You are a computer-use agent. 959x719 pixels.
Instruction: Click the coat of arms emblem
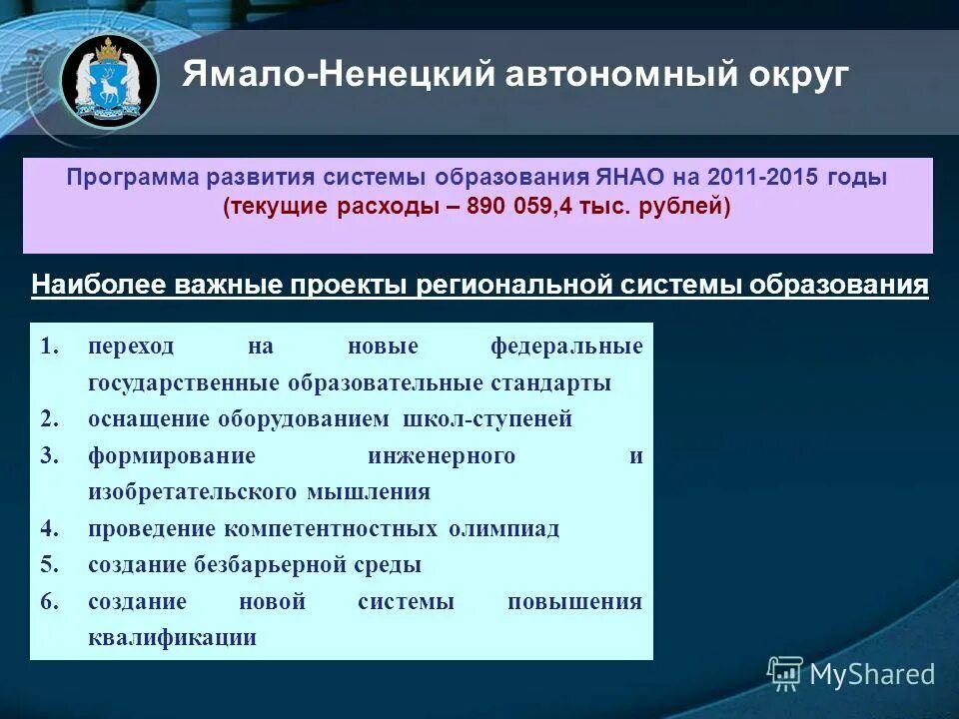click(108, 81)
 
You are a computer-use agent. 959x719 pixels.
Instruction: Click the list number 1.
click(50, 347)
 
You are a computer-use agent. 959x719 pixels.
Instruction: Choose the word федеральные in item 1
click(566, 347)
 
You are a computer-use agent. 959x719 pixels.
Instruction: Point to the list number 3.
click(50, 456)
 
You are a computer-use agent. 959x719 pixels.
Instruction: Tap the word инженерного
click(442, 456)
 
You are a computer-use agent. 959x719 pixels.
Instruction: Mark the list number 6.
click(50, 602)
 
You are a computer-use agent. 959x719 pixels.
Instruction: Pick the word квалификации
click(172, 638)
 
